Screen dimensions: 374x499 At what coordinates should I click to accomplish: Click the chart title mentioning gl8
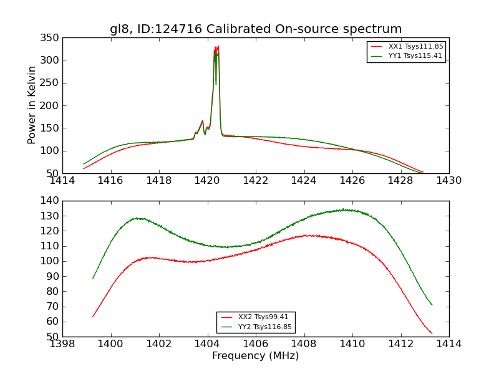(x=256, y=29)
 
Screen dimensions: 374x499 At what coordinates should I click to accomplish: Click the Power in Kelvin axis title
(x=32, y=105)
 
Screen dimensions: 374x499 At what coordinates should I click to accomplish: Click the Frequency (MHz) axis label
(x=256, y=356)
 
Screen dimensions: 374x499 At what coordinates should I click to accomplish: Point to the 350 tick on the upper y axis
(x=52, y=38)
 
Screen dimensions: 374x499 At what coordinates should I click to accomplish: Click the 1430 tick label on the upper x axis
(x=449, y=181)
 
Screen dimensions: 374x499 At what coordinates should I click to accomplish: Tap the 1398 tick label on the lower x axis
(x=62, y=343)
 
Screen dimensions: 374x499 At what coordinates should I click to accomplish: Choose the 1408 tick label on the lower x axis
(x=304, y=343)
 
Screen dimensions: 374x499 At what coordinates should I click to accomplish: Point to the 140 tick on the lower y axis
(x=52, y=201)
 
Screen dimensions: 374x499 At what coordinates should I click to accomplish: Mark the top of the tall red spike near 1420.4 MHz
(x=218, y=46)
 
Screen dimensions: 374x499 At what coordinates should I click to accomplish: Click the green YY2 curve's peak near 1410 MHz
(x=343, y=209)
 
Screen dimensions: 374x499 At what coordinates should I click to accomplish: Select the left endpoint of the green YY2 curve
(x=93, y=278)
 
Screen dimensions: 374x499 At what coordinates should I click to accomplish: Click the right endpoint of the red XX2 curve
(x=432, y=333)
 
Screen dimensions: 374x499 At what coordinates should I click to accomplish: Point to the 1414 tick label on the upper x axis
(x=62, y=181)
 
